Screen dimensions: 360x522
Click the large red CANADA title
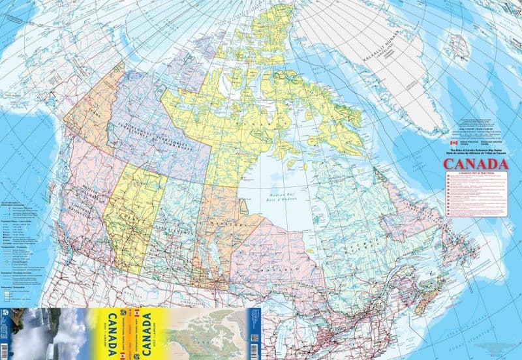pyautogui.click(x=476, y=164)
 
